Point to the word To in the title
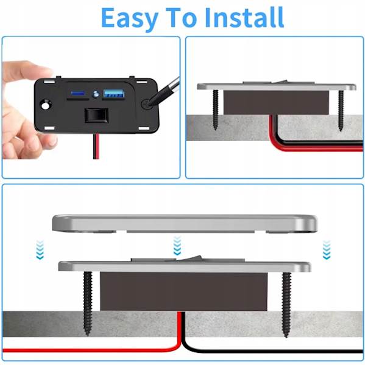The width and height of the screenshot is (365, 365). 183,18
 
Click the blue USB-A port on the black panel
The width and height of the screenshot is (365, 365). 113,94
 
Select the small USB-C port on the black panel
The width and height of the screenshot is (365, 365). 78,94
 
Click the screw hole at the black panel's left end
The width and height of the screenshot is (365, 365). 44,105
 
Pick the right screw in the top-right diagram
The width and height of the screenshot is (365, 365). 340,109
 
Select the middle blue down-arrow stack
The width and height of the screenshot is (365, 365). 177,246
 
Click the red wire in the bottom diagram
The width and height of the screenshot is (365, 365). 91,350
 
